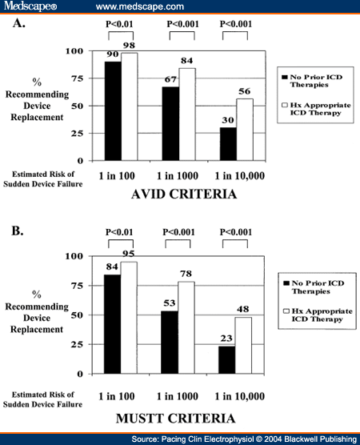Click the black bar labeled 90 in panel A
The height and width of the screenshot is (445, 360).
(x=113, y=109)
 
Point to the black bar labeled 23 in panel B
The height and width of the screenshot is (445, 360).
(x=226, y=359)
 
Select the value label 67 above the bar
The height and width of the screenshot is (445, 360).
(x=170, y=81)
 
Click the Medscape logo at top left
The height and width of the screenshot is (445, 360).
(x=28, y=6)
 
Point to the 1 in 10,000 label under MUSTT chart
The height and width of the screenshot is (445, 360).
(x=236, y=395)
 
